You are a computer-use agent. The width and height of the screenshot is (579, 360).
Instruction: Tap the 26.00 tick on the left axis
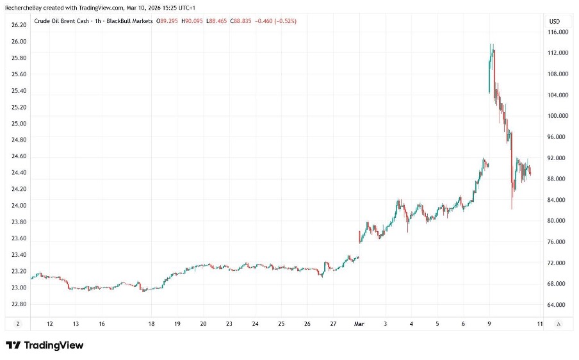(18, 42)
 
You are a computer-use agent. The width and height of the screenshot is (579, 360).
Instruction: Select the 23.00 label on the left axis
(18, 288)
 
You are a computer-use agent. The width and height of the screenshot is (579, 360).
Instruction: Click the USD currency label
(554, 22)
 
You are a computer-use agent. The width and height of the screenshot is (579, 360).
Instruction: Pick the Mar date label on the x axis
(359, 324)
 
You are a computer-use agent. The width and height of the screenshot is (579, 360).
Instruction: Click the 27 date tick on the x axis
(333, 324)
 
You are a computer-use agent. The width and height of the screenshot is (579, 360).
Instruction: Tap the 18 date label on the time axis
(152, 324)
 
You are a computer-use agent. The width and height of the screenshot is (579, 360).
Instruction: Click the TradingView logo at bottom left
(45, 345)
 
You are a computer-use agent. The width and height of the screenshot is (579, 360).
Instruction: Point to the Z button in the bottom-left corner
(17, 324)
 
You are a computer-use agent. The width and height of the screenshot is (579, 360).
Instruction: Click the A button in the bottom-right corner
(560, 324)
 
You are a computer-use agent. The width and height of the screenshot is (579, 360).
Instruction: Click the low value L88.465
(246, 21)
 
